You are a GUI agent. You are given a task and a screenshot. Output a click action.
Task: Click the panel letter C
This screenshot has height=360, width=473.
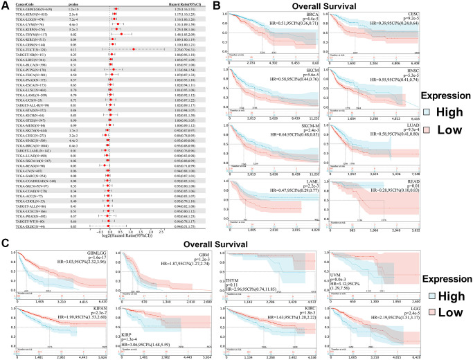[5, 225]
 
